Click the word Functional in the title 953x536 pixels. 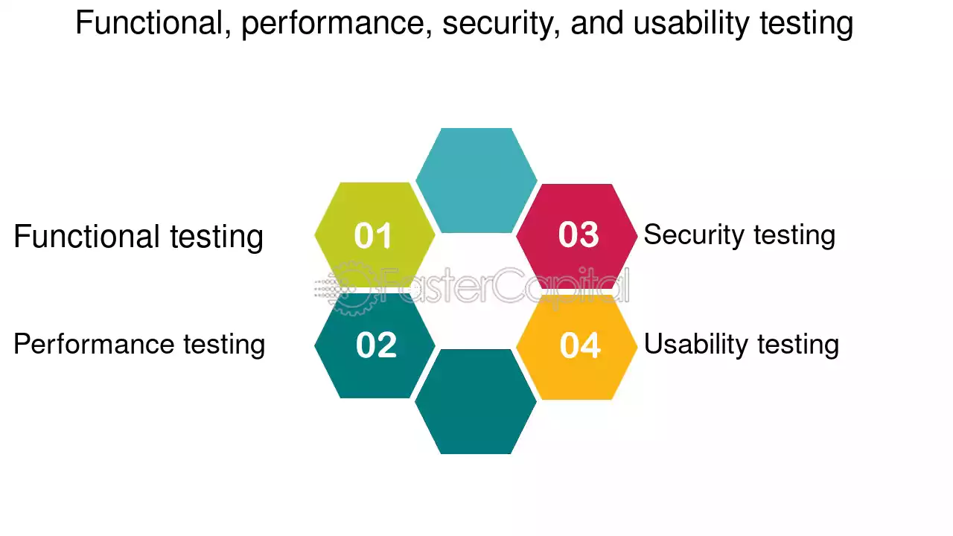(153, 23)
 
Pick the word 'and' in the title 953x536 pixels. (596, 23)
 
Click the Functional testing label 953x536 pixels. (138, 237)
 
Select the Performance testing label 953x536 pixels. (139, 345)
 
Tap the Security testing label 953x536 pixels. (739, 235)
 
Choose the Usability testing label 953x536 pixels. (742, 345)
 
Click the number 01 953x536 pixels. (373, 235)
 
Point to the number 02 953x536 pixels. (376, 345)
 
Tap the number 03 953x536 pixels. (579, 234)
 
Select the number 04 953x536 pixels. (580, 345)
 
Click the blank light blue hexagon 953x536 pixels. (476, 180)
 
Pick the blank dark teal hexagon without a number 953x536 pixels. (476, 401)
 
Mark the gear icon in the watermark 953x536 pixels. (351, 288)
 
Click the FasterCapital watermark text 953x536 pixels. (504, 285)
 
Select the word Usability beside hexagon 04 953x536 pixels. (696, 345)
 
